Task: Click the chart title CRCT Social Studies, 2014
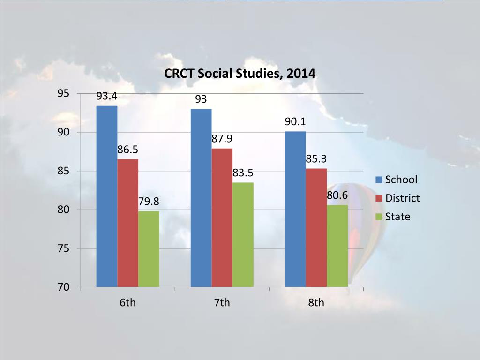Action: (240, 74)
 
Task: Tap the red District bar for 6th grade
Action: (128, 223)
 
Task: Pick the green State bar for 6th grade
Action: (149, 248)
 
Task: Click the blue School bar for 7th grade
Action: (201, 197)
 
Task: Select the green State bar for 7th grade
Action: (243, 234)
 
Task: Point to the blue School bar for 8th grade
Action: (295, 209)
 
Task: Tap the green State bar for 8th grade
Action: (337, 246)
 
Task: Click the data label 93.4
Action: (107, 97)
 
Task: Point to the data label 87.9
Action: (222, 139)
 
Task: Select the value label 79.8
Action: (149, 202)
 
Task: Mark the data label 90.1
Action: (295, 122)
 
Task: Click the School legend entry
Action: (397, 180)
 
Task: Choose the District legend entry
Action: (398, 198)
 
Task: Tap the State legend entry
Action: (393, 217)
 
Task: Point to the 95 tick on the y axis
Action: (63, 94)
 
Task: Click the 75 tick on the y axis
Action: (63, 248)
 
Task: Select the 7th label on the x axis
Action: (222, 303)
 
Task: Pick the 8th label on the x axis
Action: (316, 303)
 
